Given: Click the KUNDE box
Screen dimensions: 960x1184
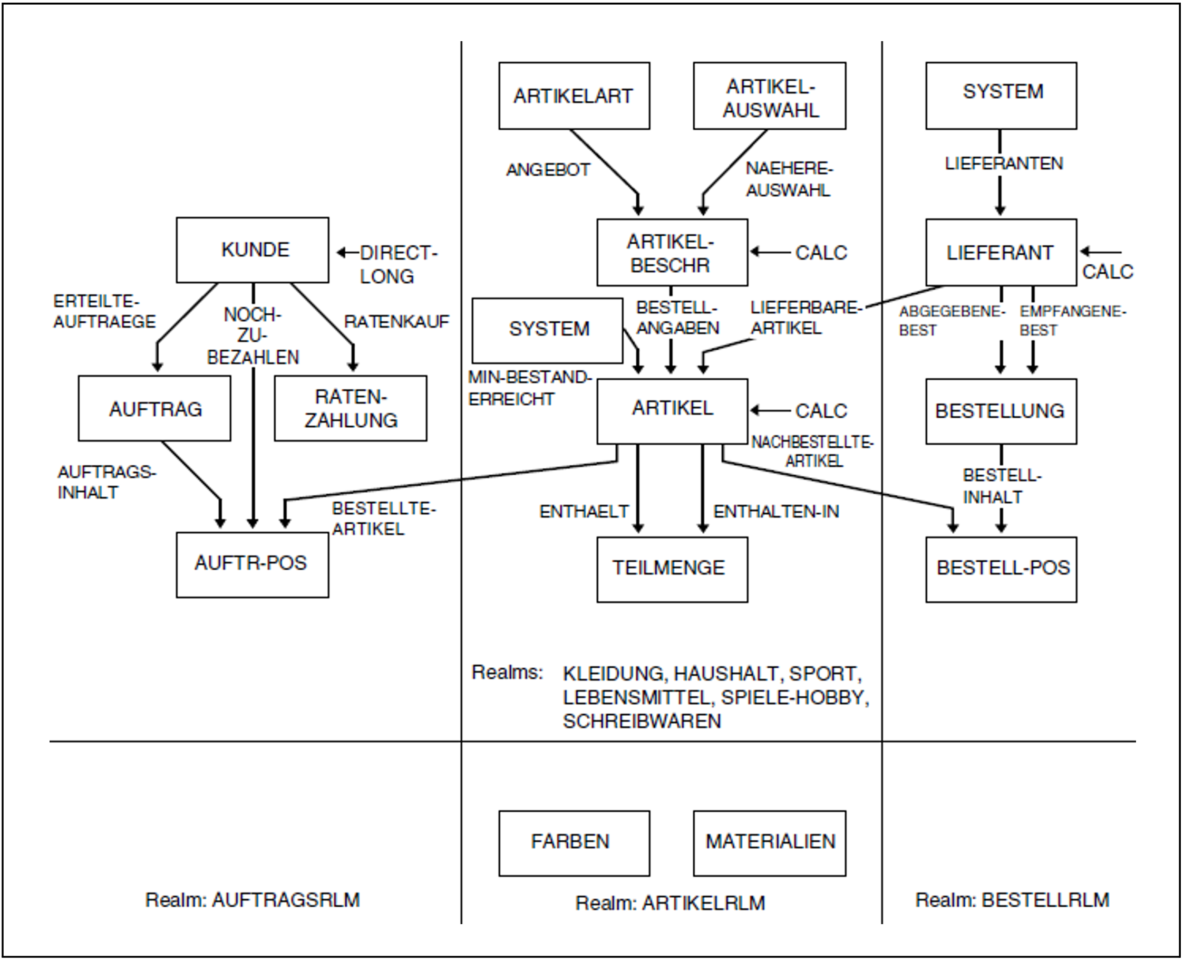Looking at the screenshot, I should pos(252,250).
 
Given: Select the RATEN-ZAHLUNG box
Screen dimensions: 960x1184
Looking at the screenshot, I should pos(351,409).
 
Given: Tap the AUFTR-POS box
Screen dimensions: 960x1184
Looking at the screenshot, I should pos(252,564).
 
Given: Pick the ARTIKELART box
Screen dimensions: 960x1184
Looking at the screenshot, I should pos(574,95).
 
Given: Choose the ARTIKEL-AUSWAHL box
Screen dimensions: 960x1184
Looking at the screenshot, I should pos(770,95).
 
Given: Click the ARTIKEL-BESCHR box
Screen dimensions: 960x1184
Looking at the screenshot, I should pos(672,253).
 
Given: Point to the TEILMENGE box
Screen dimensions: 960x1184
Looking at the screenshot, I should pos(672,569).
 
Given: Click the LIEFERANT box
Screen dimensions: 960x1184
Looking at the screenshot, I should pos(1001,253).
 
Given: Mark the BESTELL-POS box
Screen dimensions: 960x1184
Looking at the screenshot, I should pos(1001,569).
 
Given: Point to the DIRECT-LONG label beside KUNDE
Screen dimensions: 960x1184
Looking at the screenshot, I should pos(397,264).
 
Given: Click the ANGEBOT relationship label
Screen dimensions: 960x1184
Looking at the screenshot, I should pos(548,170).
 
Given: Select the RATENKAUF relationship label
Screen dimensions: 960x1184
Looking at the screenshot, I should pos(396,321).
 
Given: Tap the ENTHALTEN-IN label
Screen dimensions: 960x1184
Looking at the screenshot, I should pos(776,512).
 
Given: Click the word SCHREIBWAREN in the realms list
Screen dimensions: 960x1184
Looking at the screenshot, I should pos(642,721).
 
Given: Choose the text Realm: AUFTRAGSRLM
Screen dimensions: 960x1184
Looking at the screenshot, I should pos(252,900).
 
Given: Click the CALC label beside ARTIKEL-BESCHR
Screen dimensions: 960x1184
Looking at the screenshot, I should pos(821,253).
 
